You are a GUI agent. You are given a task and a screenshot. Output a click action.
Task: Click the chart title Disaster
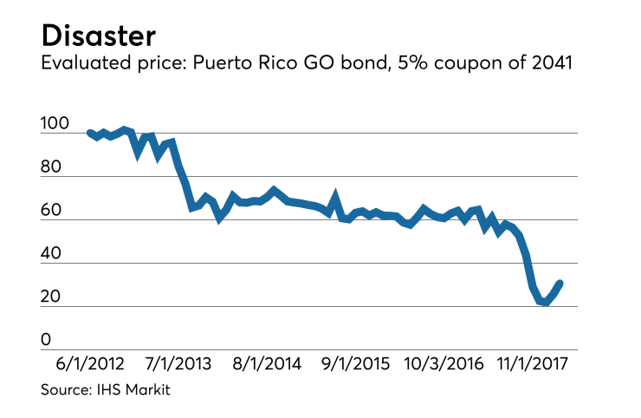point(98,36)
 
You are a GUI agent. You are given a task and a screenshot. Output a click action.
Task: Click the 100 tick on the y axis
point(54,125)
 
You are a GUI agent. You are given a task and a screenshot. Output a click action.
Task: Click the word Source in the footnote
point(66,391)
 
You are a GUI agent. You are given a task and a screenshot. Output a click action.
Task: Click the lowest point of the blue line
point(545,302)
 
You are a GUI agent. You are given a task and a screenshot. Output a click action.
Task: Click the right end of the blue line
point(560,283)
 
